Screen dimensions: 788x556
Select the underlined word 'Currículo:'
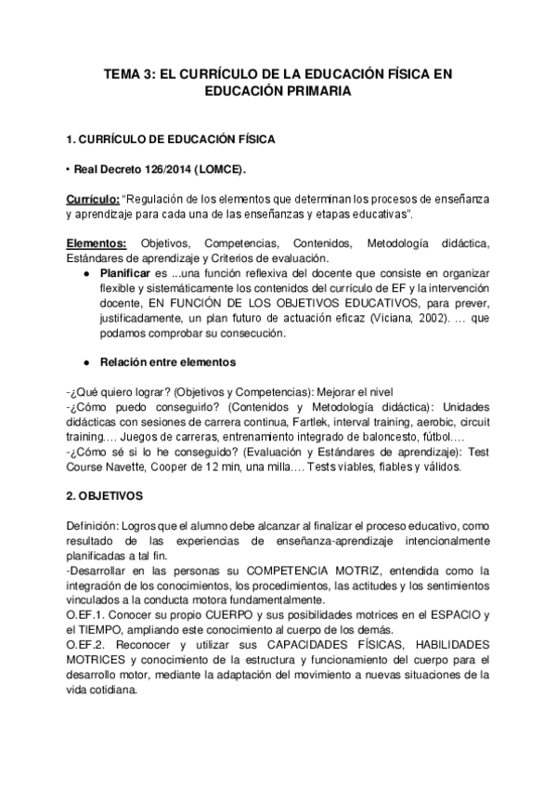92,199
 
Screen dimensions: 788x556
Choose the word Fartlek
317,421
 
